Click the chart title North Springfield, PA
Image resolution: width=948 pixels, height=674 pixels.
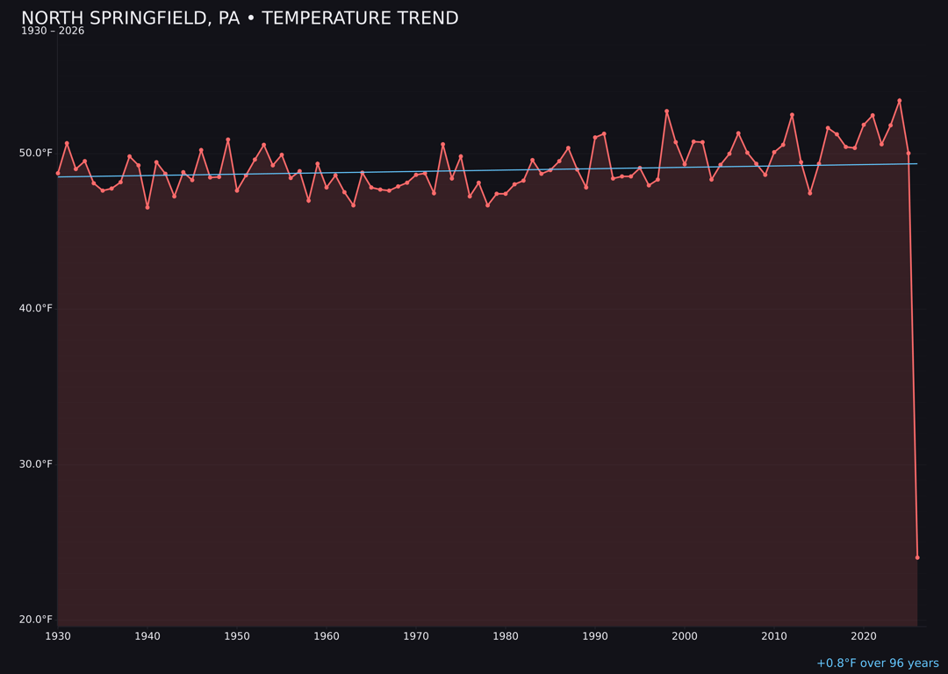pos(240,18)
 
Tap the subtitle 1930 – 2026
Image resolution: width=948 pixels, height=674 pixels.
pos(53,32)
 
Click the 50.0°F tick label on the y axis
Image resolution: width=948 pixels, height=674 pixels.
pos(37,154)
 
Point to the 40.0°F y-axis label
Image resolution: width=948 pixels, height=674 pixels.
pos(37,309)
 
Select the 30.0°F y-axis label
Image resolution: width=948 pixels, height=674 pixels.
pos(37,464)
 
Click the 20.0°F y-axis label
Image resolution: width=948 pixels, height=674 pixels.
pos(37,620)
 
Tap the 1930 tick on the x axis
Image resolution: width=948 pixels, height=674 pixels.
pos(58,636)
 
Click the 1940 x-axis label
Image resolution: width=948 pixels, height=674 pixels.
pos(147,636)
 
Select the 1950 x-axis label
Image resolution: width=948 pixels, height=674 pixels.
pos(237,636)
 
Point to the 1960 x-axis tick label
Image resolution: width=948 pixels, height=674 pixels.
pos(327,636)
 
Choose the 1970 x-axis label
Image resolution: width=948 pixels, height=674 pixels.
pos(416,636)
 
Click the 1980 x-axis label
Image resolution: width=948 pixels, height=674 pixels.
pos(506,636)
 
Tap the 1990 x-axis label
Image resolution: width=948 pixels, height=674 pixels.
pos(595,636)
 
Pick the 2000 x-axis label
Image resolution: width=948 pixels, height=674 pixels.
pos(685,636)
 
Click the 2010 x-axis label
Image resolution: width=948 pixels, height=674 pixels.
pos(774,636)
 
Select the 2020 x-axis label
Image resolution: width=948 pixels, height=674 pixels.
pos(864,636)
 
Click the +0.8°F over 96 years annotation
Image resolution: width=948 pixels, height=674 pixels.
pos(877,663)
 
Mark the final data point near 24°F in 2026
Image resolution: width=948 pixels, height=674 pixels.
pos(917,557)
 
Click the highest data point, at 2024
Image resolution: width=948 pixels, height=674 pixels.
pos(900,101)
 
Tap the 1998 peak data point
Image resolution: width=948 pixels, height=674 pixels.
pos(666,111)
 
